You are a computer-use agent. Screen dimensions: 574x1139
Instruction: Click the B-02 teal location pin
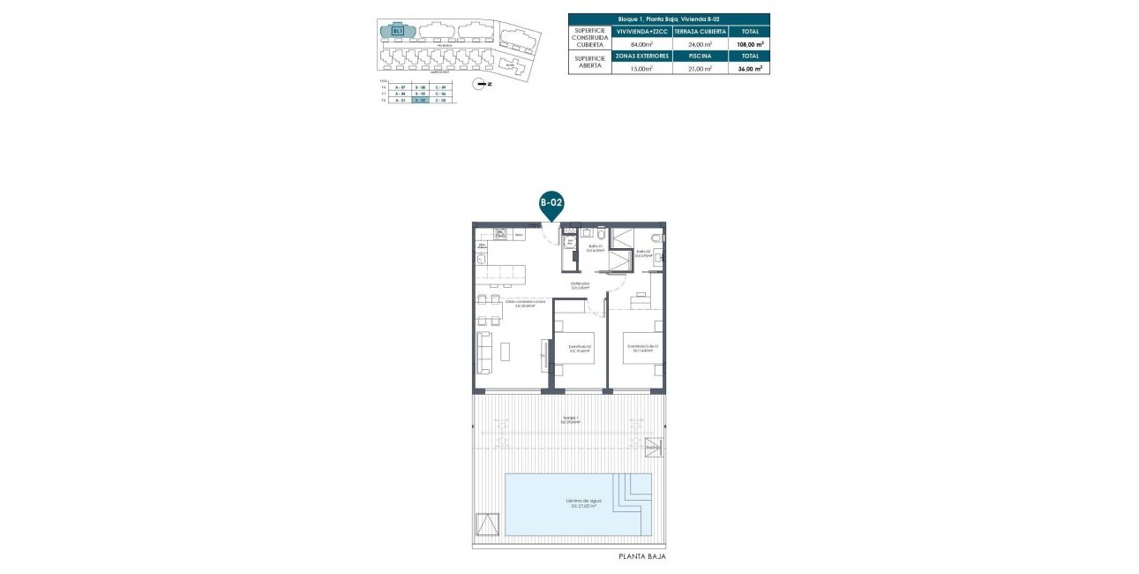click(x=551, y=204)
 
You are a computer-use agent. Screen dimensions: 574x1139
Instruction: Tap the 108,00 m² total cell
click(x=749, y=43)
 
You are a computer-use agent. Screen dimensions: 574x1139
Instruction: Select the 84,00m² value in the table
click(x=641, y=43)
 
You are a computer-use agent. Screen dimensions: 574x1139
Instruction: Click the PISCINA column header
click(x=700, y=56)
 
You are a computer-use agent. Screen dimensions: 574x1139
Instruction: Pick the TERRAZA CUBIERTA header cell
click(x=700, y=31)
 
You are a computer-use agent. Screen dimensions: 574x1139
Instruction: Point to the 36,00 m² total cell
click(x=749, y=68)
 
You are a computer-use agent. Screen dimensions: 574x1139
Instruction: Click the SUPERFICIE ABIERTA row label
click(x=590, y=62)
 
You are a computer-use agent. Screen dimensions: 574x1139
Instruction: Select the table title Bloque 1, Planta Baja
click(x=669, y=19)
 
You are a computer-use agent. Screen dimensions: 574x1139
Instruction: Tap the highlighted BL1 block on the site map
click(x=398, y=31)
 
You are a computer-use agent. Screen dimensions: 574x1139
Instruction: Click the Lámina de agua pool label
click(x=578, y=503)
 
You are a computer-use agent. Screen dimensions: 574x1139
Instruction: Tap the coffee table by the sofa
click(x=505, y=351)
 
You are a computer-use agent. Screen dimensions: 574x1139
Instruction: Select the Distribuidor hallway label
click(x=579, y=285)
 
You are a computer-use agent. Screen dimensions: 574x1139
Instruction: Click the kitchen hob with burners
click(x=501, y=234)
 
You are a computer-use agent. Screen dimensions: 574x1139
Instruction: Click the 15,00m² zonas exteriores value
click(x=641, y=68)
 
